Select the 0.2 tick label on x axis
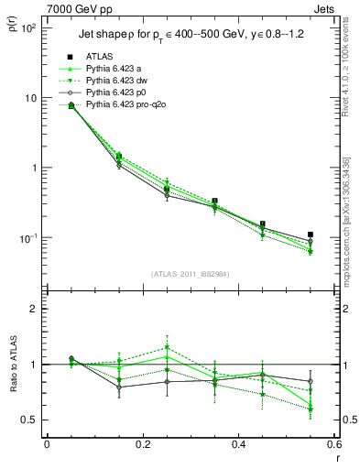coord(142,445)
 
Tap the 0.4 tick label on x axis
coord(238,445)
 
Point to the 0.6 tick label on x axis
coord(333,445)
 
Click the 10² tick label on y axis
coord(27,28)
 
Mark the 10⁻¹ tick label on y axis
coord(27,238)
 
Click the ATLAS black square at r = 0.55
coord(311,234)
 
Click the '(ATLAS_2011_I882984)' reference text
coord(191,275)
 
